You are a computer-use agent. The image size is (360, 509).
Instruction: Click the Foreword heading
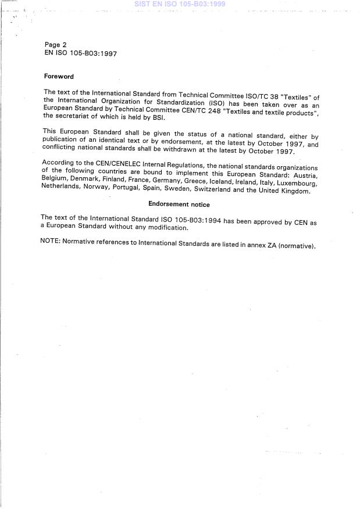[x=59, y=76]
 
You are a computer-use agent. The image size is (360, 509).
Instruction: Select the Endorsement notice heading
[x=179, y=205]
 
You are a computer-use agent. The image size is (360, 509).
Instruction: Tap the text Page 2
[x=56, y=44]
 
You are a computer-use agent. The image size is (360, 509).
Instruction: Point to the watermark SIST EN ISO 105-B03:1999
[x=179, y=4]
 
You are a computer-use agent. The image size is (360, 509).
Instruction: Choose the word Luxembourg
[x=296, y=182]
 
